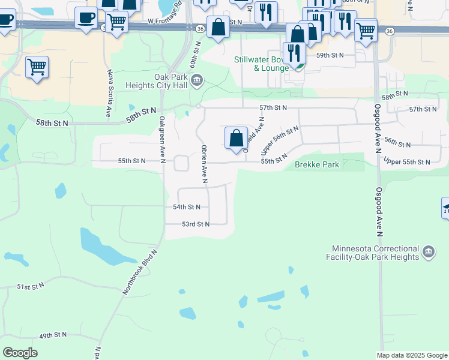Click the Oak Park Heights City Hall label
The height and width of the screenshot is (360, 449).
coord(156,81)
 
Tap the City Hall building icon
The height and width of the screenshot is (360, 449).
coord(197,80)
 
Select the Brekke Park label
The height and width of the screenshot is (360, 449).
coord(317,164)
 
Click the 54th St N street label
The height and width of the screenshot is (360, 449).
coord(186,207)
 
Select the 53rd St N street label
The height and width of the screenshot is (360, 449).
coord(196,224)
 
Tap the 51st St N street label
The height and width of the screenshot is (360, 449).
coord(31,287)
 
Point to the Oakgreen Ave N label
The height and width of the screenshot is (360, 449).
coord(162,139)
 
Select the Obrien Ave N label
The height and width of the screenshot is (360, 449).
coord(204,163)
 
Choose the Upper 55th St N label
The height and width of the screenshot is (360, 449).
coord(406,162)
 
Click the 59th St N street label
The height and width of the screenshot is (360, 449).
coord(330,55)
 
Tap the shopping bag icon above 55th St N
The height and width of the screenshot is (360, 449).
coord(237,138)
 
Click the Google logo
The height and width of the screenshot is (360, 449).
coord(20,353)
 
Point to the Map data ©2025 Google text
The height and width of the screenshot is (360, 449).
coord(411,355)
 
